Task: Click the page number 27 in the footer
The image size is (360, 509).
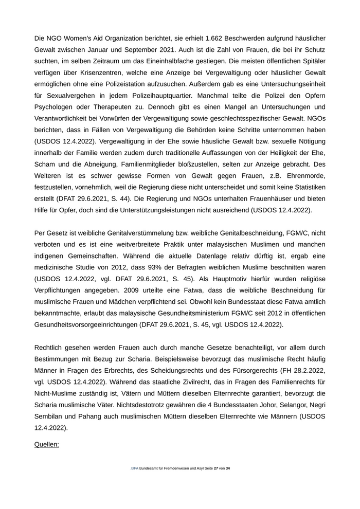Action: (x=216, y=468)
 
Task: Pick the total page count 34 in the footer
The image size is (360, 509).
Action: (x=228, y=468)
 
